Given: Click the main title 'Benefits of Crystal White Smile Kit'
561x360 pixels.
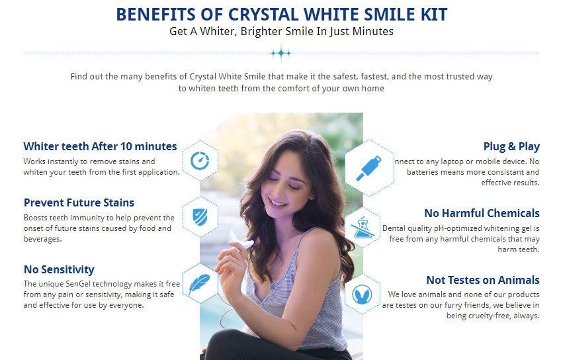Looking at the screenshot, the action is click(282, 15).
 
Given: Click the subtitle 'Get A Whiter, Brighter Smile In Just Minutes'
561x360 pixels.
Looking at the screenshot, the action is click(281, 32).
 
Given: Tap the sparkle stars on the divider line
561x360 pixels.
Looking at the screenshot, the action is click(281, 54).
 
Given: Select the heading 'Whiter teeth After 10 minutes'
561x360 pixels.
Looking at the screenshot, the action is click(100, 146).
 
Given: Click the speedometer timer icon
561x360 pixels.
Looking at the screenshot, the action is click(200, 161).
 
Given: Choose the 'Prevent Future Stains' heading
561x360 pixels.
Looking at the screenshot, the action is click(79, 202).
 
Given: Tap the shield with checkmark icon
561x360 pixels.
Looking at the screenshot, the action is click(200, 217).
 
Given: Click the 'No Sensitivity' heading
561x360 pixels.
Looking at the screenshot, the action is click(59, 269).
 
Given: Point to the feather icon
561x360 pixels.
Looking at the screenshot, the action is click(199, 284).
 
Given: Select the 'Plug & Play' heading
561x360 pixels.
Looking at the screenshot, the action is click(511, 146).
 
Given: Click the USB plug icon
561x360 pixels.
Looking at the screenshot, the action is click(369, 169).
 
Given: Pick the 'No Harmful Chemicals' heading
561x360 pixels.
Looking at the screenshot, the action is click(482, 213).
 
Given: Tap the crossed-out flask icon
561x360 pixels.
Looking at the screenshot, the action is click(363, 228).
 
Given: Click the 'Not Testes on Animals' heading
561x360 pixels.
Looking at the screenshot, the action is click(483, 280).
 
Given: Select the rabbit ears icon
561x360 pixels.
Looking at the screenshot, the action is click(362, 294).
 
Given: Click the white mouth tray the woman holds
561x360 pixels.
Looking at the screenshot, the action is click(241, 241).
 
